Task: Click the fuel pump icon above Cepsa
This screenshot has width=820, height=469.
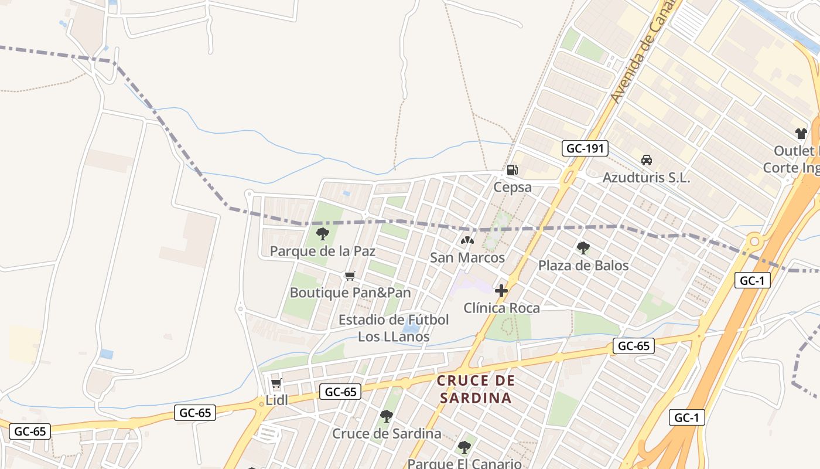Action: coord(512,170)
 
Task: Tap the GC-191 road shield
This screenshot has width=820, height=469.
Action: coord(585,148)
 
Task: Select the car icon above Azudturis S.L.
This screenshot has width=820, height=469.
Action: coord(647,160)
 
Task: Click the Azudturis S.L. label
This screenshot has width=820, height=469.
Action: coord(647,178)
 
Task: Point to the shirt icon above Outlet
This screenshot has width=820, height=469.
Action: coord(801,134)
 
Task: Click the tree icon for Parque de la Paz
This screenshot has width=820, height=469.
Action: coord(322,235)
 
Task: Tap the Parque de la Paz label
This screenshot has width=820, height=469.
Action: coord(322,252)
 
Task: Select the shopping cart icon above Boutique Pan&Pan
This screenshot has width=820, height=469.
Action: coord(350,276)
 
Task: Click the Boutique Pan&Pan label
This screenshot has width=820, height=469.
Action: coord(350,293)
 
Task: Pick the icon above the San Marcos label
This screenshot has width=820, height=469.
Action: coord(467,240)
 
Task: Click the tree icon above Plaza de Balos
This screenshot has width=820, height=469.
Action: coord(583,248)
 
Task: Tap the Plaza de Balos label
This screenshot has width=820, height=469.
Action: coord(583,266)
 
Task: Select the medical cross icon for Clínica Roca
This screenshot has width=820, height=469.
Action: coord(501,290)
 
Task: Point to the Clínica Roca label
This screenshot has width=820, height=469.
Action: coord(502,308)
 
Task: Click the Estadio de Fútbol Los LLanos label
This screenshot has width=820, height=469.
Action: coord(394,328)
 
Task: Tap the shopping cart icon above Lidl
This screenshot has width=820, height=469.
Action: coord(276,383)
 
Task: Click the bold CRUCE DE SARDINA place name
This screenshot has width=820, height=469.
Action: coord(476,389)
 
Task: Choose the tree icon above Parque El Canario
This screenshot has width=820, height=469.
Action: coord(464,447)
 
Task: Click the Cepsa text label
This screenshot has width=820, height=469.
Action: coord(512,188)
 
